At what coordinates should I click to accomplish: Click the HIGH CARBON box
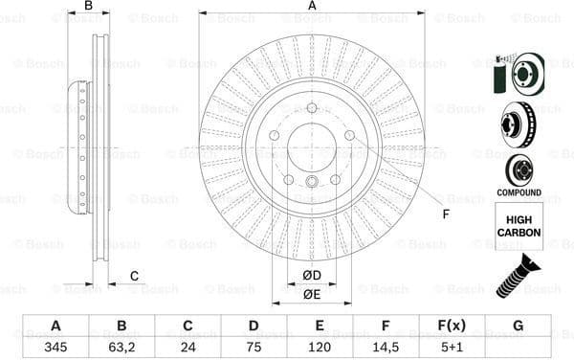(x=519, y=226)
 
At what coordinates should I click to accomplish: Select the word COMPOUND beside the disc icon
(x=519, y=192)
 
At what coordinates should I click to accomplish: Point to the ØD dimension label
(x=311, y=277)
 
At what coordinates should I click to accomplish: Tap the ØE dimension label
(x=311, y=294)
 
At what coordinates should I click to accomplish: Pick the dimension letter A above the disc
(x=312, y=7)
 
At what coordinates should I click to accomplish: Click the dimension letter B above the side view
(x=88, y=7)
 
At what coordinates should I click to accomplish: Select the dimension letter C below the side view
(x=135, y=277)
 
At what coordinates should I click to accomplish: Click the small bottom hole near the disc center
(x=311, y=183)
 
